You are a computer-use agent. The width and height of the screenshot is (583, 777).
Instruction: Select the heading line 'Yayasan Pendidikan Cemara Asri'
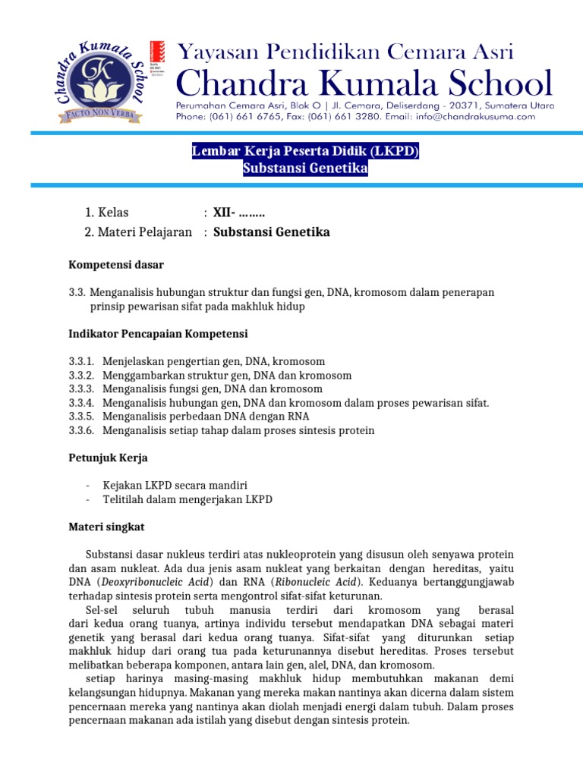click(x=345, y=52)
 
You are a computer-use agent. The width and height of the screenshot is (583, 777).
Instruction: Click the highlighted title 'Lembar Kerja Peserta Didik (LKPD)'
click(x=305, y=153)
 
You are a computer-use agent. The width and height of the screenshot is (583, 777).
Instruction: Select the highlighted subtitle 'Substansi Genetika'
click(x=305, y=169)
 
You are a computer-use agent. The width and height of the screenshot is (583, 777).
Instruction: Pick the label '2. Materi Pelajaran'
click(x=138, y=232)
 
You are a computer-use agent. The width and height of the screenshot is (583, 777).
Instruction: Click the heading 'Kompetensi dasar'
click(x=116, y=265)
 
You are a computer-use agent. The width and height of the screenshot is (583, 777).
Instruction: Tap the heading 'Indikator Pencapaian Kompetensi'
click(x=158, y=334)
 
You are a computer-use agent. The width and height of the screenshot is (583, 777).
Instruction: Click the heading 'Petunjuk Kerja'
click(x=109, y=458)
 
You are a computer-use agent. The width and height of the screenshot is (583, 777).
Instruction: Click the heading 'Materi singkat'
click(x=107, y=527)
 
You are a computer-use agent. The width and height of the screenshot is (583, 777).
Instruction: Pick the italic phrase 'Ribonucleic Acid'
click(x=322, y=581)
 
